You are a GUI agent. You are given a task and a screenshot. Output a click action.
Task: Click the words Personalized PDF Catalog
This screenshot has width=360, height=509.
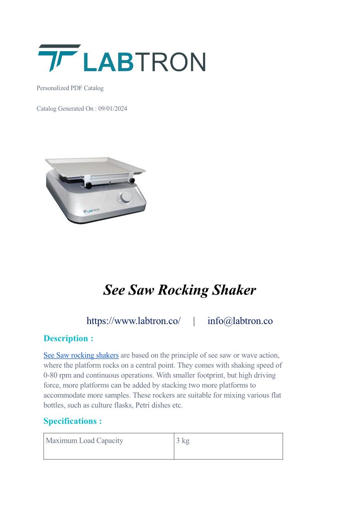tap(70, 88)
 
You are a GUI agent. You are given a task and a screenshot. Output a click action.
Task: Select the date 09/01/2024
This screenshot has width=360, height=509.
tap(113, 109)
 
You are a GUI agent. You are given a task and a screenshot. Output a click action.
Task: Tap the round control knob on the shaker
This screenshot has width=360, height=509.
tap(125, 198)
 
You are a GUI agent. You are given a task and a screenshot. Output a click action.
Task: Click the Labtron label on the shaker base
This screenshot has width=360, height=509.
tap(91, 211)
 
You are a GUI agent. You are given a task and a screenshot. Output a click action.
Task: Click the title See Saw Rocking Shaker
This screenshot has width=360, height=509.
tap(180, 290)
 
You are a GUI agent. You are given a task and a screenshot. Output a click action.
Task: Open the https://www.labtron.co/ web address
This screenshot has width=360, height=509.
tap(134, 321)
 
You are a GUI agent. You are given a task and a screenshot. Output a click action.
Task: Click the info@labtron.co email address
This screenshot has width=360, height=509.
tap(240, 321)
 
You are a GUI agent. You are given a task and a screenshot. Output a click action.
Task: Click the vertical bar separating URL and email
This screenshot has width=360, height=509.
tap(194, 321)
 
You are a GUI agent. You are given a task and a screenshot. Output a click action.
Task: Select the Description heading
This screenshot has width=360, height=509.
tap(68, 338)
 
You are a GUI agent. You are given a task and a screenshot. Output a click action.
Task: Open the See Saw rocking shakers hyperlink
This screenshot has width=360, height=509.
tap(81, 355)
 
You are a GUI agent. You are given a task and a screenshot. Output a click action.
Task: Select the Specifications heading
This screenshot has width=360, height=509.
tap(72, 421)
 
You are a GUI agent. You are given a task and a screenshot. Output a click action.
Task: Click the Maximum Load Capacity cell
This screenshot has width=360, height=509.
tap(85, 441)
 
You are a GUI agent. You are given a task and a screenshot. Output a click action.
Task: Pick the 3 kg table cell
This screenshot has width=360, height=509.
tap(183, 441)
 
